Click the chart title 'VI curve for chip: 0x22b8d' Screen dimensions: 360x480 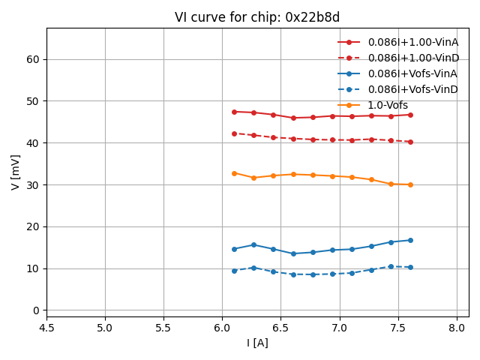click(257, 17)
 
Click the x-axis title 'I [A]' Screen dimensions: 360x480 click(257, 343)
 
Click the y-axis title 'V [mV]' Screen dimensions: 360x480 click(16, 172)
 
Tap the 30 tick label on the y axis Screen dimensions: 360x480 click(32, 184)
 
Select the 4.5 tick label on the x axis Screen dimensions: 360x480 click(46, 328)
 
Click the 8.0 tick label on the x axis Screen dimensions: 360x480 click(457, 328)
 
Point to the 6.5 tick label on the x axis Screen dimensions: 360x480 click(281, 328)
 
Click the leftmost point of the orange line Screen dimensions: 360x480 click(234, 173)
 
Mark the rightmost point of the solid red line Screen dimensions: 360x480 click(410, 115)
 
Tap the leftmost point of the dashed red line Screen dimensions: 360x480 click(234, 133)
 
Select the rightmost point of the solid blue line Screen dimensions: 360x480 click(410, 240)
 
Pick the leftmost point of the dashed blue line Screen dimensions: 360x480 click(234, 271)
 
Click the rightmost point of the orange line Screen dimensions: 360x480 click(410, 184)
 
